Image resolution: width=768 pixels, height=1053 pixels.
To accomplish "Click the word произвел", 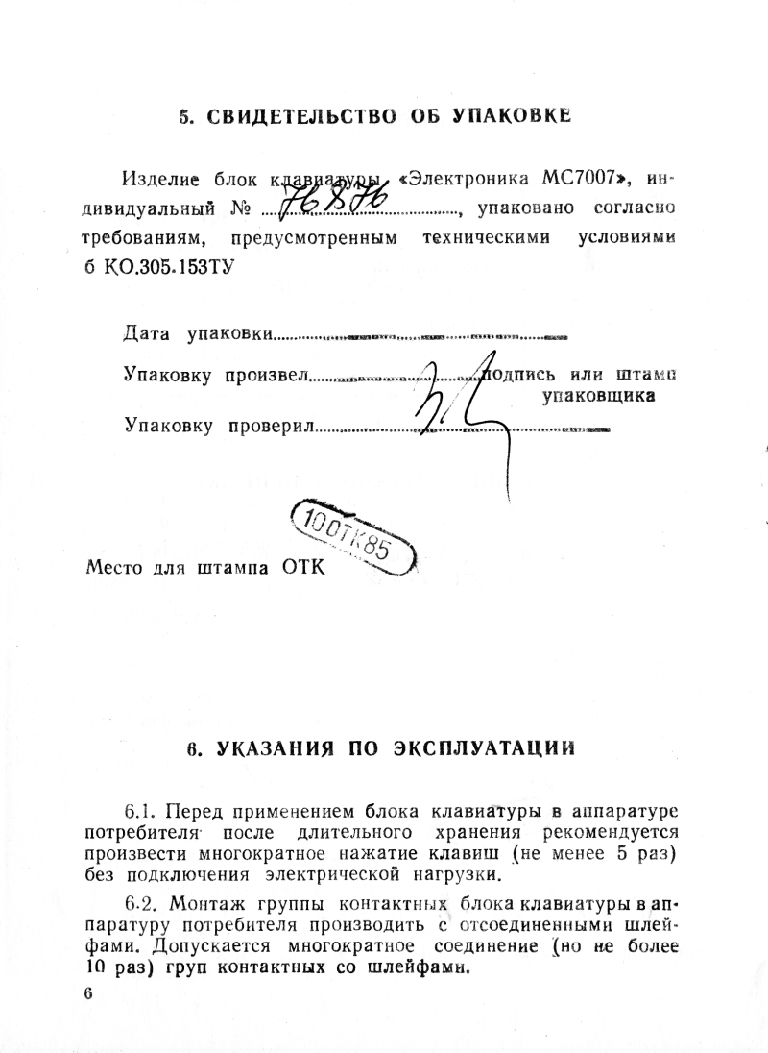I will pyautogui.click(x=265, y=374).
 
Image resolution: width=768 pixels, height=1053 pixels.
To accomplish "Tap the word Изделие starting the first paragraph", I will pyautogui.click(x=159, y=179).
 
